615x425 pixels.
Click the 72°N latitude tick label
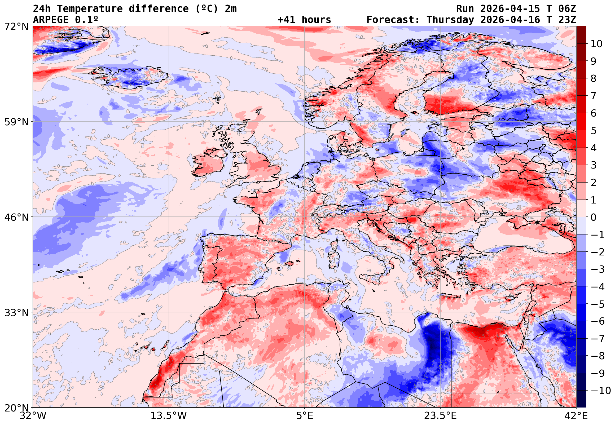[x=16, y=27]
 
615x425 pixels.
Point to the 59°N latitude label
[x=16, y=122]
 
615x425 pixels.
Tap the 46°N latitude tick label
[x=16, y=217]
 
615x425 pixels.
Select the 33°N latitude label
[x=16, y=313]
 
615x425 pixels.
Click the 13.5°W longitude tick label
[x=169, y=416]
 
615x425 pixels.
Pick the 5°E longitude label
[x=304, y=416]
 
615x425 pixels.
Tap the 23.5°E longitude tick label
[x=440, y=416]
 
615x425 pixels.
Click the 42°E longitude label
[x=576, y=416]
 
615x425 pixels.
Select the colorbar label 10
[x=596, y=44]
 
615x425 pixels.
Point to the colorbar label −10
[x=601, y=391]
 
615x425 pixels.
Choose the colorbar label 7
[x=594, y=96]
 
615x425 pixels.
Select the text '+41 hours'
[x=304, y=20]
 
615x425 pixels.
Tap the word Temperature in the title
[x=90, y=9]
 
